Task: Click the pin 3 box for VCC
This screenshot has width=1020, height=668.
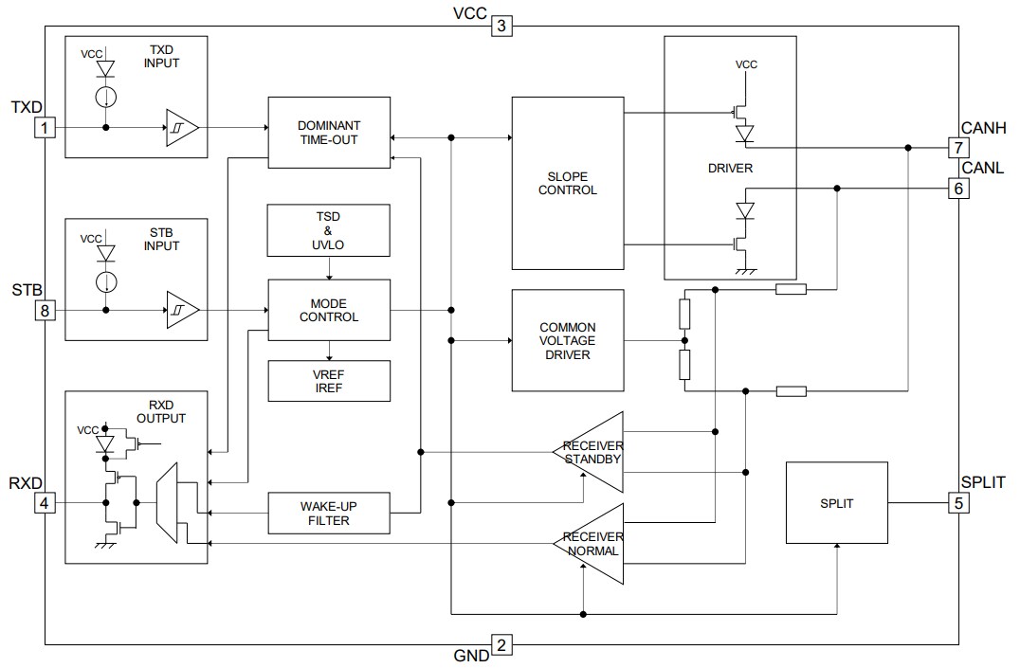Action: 501,26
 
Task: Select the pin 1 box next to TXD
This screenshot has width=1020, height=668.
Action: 44,127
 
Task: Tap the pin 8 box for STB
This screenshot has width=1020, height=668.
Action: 44,310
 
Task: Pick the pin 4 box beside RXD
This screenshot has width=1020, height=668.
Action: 44,502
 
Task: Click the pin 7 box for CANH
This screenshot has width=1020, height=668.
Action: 958,148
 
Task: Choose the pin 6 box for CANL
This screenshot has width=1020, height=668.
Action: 958,189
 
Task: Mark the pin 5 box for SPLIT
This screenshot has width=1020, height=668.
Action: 958,502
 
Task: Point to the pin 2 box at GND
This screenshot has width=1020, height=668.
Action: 501,645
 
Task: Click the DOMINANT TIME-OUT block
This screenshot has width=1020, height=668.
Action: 329,133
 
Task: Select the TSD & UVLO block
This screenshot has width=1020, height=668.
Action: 329,230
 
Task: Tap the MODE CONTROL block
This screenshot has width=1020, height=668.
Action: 329,310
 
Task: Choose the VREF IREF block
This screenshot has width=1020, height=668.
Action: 329,381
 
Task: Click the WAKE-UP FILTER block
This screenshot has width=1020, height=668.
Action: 329,514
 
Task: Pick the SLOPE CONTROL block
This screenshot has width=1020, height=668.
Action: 568,183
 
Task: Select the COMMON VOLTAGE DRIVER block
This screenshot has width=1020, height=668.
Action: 568,341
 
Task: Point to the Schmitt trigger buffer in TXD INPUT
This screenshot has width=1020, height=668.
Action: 182,127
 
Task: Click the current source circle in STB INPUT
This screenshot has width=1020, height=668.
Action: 106,281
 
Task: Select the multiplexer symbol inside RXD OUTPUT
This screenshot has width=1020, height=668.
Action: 166,503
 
